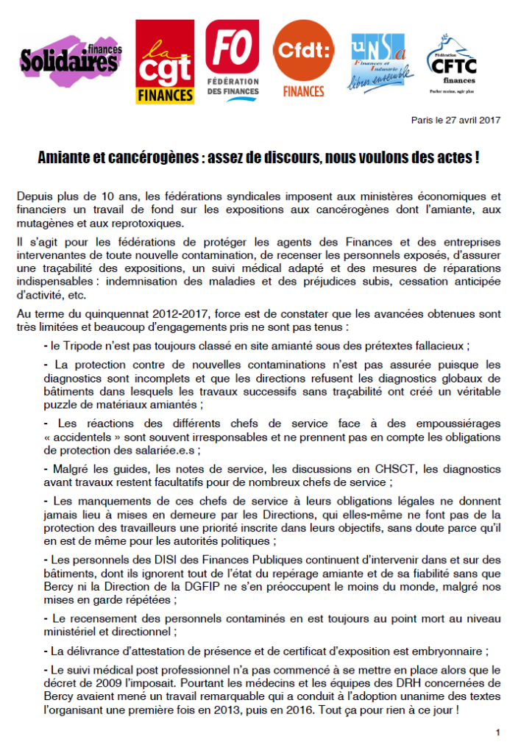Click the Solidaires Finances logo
pyautogui.click(x=71, y=61)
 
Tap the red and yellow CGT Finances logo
pyautogui.click(x=165, y=61)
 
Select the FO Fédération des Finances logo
pyautogui.click(x=233, y=58)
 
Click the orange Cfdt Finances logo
pyautogui.click(x=303, y=59)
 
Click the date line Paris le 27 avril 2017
pyautogui.click(x=456, y=121)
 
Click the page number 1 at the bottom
pyautogui.click(x=498, y=732)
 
